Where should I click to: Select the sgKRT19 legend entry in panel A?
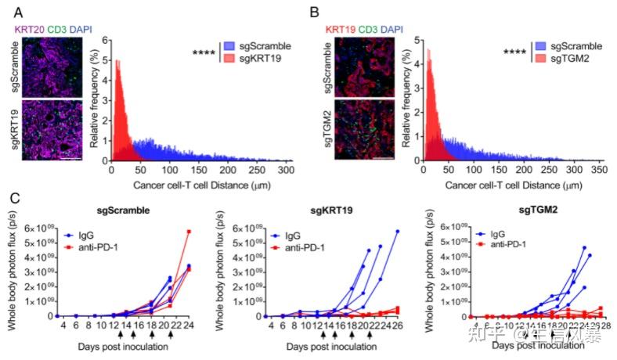254,59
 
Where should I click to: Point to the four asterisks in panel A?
205,53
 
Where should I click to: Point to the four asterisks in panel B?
514,53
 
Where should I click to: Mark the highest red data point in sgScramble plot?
189,231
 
